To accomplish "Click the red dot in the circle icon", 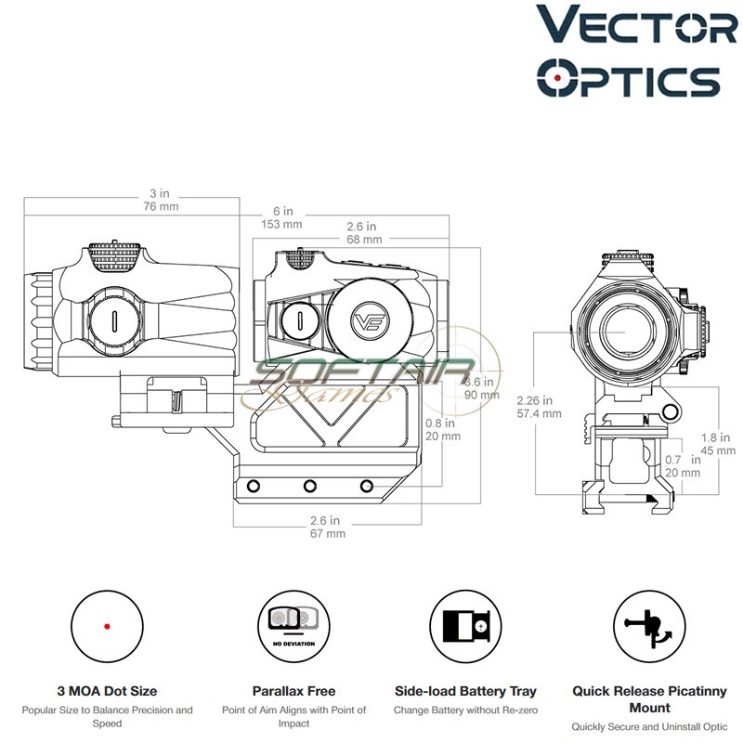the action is [107, 627].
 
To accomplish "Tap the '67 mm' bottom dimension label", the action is [328, 533].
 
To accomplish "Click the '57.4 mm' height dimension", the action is [539, 413].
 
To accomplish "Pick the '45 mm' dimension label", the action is [712, 451].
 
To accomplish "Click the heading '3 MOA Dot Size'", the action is [107, 691].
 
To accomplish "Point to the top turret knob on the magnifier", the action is [117, 253].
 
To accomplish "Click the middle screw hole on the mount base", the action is [308, 486].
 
